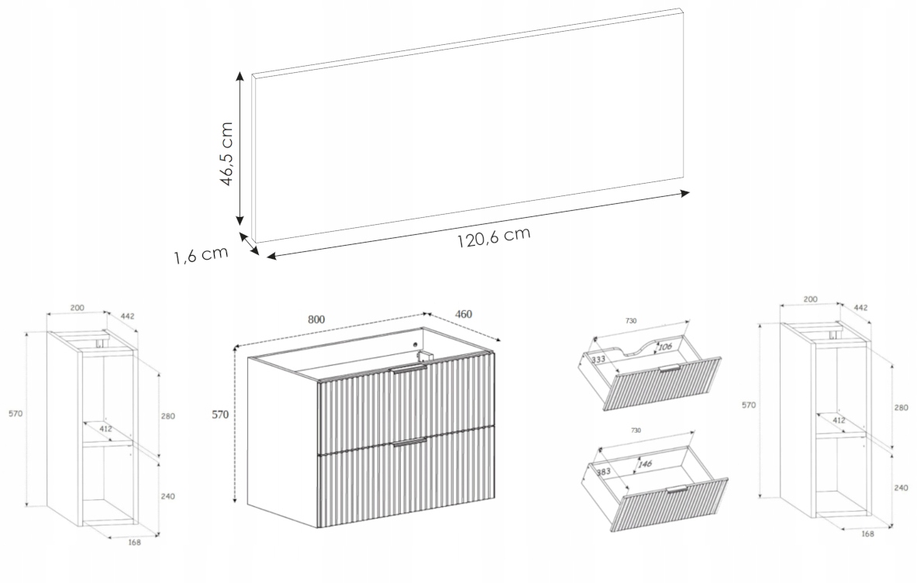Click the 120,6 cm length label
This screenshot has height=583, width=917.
tap(494, 236)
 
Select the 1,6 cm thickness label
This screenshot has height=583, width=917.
tap(201, 255)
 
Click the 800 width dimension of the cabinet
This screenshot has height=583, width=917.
tap(315, 319)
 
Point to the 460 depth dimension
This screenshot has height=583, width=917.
tap(464, 315)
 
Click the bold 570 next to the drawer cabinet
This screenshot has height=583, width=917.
tap(220, 415)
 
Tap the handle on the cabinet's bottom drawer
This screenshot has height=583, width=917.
tap(409, 442)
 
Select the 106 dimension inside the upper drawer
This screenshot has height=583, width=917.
tap(665, 347)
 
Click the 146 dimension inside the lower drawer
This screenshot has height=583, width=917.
tap(646, 464)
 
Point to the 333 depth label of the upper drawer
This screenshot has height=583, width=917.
tap(598, 359)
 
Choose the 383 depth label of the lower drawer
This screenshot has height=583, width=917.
tap(604, 471)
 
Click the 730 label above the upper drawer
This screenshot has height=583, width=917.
tap(630, 320)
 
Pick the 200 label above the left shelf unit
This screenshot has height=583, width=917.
tap(78, 308)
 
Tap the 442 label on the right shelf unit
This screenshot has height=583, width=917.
tap(861, 308)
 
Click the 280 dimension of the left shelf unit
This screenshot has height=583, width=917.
tap(168, 416)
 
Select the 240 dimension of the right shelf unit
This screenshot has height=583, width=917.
tap(901, 488)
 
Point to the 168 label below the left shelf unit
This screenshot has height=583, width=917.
tap(135, 542)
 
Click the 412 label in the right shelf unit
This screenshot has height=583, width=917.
tap(839, 420)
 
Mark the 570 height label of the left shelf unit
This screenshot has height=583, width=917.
tap(16, 414)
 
